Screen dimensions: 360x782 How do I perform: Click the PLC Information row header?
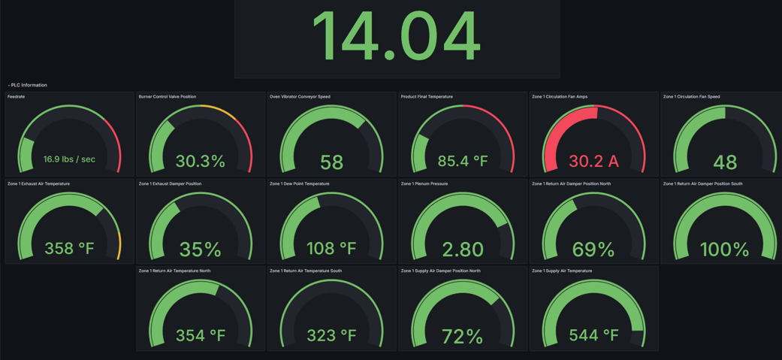(29, 85)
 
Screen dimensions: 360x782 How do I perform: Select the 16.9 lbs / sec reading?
(69, 159)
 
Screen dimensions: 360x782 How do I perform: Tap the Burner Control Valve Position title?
(168, 97)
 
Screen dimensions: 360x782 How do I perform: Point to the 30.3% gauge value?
(201, 161)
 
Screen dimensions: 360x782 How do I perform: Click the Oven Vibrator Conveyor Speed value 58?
(331, 162)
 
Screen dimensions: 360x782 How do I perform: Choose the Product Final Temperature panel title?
(427, 97)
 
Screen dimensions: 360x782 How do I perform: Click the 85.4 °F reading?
(463, 161)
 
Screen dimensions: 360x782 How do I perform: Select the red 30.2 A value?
(593, 161)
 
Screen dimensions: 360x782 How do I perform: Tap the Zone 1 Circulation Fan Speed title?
(691, 97)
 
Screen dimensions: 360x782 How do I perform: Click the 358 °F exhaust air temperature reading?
(69, 248)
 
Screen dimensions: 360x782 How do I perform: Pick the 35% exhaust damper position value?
(201, 249)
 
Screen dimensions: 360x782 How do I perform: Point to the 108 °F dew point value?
(331, 248)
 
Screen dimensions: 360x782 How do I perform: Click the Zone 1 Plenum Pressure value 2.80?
(463, 249)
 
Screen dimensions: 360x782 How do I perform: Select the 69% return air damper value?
(593, 249)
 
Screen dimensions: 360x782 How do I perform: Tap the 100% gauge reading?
(724, 249)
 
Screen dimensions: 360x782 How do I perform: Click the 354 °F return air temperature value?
(201, 335)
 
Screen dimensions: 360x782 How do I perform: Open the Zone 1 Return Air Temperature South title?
(306, 271)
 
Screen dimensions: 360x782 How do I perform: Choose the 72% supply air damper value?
(463, 336)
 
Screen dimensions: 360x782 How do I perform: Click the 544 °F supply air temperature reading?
(593, 335)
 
